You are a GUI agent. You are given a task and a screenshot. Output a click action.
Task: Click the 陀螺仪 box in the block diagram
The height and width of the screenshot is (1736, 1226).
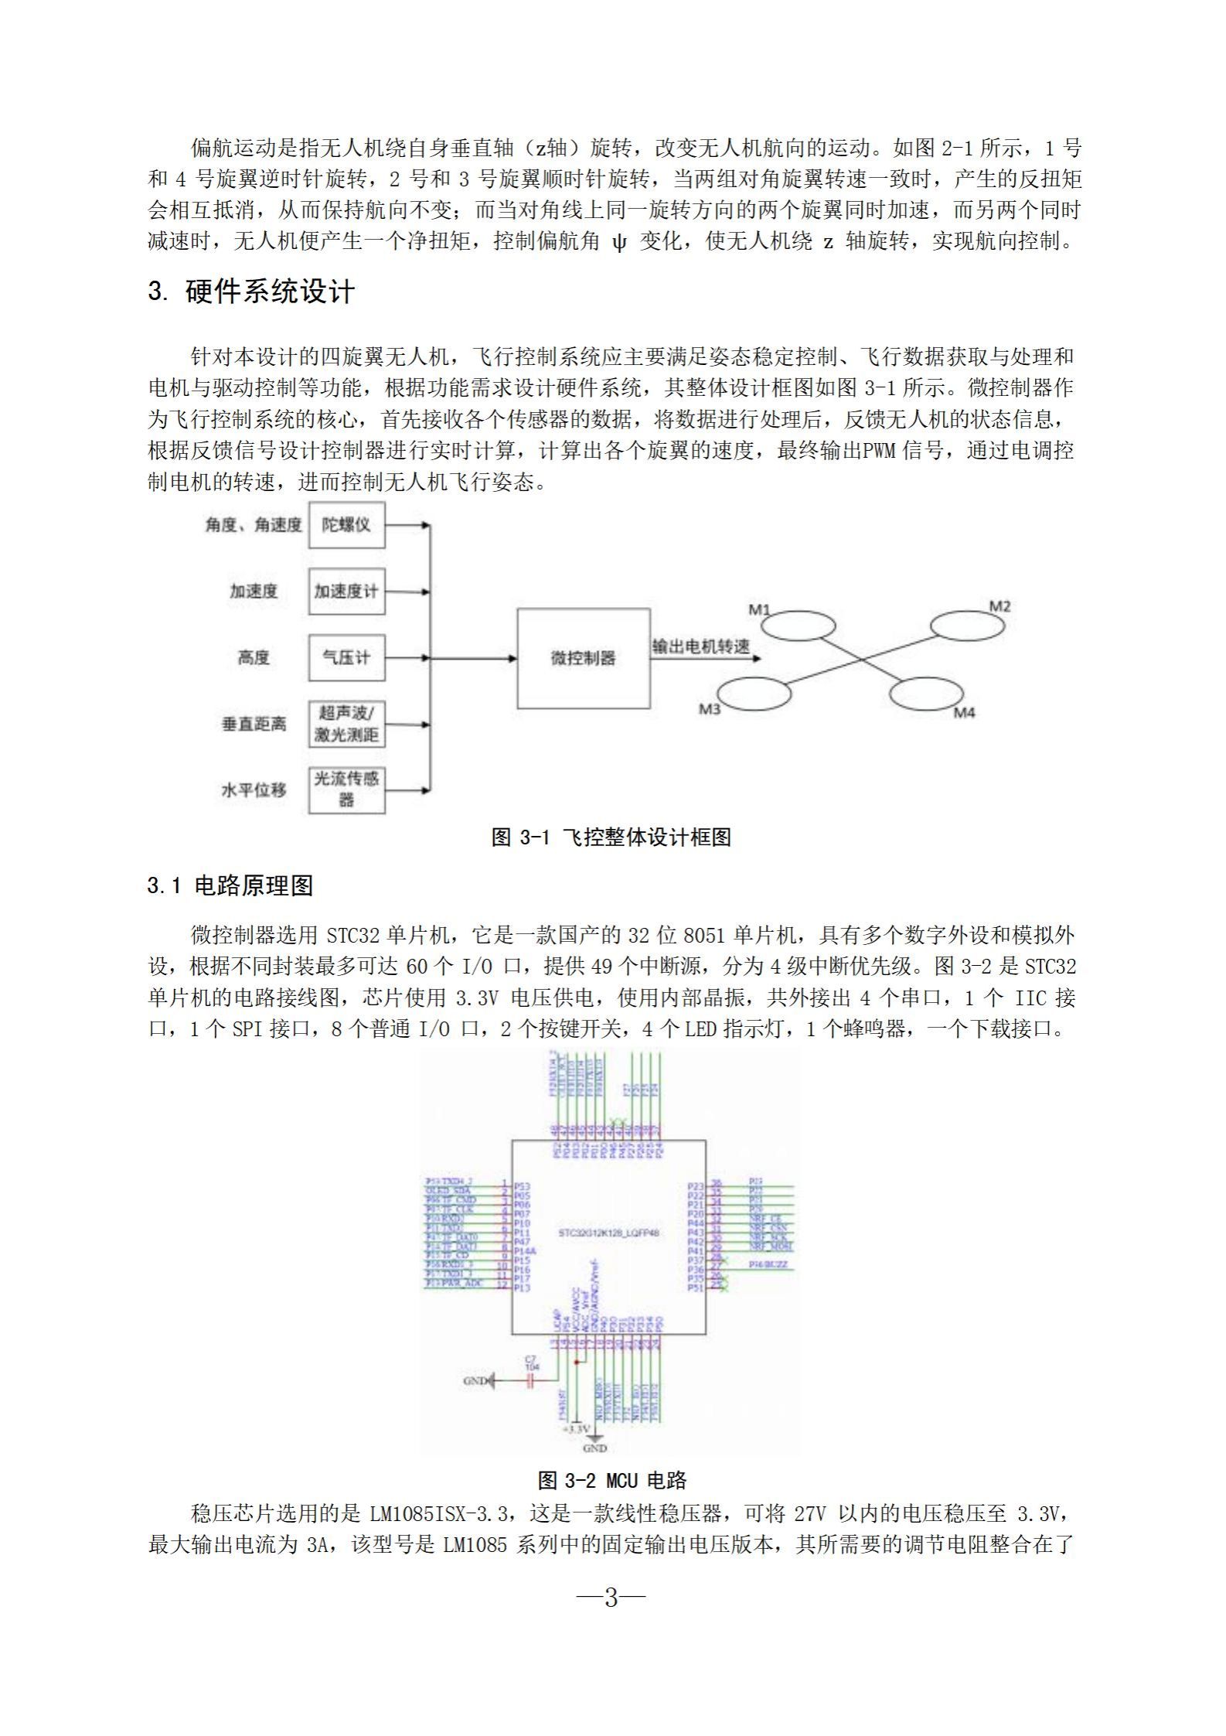tap(346, 525)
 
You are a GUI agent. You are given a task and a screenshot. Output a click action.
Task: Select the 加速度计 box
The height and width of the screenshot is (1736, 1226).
tap(346, 592)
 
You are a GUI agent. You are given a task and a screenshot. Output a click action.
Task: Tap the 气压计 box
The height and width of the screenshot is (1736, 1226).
tap(346, 658)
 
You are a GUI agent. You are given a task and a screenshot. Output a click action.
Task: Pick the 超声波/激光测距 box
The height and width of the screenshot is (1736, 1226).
tap(346, 724)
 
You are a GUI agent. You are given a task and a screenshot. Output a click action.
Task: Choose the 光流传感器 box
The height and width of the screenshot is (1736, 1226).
tap(346, 790)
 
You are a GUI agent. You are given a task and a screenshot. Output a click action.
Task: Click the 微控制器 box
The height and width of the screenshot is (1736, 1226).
tap(583, 658)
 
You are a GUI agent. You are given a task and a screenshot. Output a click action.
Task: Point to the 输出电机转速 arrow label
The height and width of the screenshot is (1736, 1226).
tap(701, 646)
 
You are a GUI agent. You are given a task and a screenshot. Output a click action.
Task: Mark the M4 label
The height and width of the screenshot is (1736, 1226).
tap(964, 712)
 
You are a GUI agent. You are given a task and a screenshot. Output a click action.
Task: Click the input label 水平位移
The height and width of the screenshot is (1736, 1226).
tap(254, 790)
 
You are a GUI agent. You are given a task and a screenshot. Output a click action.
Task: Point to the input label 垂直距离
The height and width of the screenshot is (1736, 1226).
tap(254, 725)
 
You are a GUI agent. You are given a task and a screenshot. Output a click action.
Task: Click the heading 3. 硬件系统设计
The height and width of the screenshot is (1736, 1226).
tap(251, 292)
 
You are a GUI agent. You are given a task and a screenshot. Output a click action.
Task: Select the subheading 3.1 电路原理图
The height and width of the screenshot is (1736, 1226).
tap(230, 885)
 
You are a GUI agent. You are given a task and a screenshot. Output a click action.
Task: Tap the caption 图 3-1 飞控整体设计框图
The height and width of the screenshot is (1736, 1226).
tap(611, 837)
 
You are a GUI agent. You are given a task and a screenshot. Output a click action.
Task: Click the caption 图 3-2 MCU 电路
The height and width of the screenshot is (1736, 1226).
tap(612, 1480)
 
